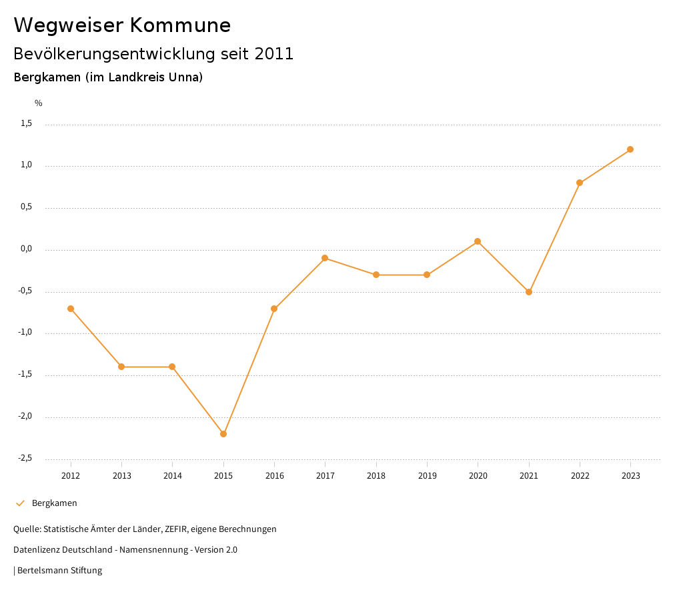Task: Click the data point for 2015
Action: (x=223, y=434)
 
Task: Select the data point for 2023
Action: (x=630, y=149)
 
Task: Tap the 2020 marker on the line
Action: (x=478, y=241)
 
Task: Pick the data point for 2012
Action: (x=71, y=309)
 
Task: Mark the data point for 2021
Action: (x=529, y=292)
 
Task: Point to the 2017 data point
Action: (x=325, y=258)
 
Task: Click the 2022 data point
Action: (x=580, y=183)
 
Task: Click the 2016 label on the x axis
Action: (x=274, y=476)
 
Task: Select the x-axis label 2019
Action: (x=427, y=476)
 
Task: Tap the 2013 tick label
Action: (x=121, y=476)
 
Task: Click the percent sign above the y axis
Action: (x=39, y=103)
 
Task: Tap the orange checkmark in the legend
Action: (x=20, y=503)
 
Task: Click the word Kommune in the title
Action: (x=180, y=25)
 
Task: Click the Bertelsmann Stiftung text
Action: (x=59, y=571)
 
